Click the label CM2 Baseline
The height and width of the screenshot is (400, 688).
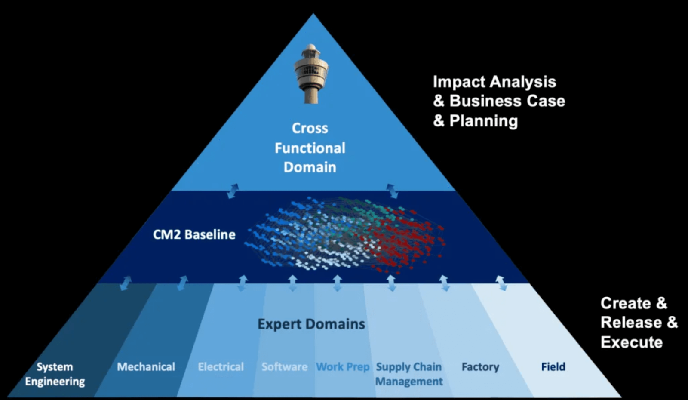pyautogui.click(x=194, y=234)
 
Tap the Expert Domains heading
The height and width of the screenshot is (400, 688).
pyautogui.click(x=311, y=324)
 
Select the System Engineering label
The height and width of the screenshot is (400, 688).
pyautogui.click(x=55, y=374)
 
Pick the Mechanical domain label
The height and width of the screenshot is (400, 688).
pyautogui.click(x=146, y=367)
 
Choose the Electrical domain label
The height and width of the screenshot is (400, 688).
pyautogui.click(x=221, y=367)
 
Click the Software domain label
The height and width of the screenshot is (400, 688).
pyautogui.click(x=285, y=367)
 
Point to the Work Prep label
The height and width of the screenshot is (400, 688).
pyautogui.click(x=343, y=367)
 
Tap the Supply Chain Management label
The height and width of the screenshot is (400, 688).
pyautogui.click(x=409, y=374)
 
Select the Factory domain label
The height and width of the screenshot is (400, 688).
pyautogui.click(x=480, y=367)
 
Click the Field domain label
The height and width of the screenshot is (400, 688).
pyautogui.click(x=553, y=367)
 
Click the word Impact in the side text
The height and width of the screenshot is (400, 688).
pyautogui.click(x=458, y=82)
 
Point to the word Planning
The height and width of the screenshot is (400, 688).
pyautogui.click(x=484, y=121)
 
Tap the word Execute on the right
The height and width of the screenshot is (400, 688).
pyautogui.click(x=632, y=342)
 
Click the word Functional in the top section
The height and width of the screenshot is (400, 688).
pyautogui.click(x=310, y=148)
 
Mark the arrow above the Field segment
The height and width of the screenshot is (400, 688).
pyautogui.click(x=501, y=283)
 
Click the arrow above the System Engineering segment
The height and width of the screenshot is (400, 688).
pyautogui.click(x=126, y=283)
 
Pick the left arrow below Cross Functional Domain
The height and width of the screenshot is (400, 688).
pyautogui.click(x=233, y=191)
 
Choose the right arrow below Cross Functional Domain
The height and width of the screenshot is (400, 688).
pyautogui.click(x=392, y=191)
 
